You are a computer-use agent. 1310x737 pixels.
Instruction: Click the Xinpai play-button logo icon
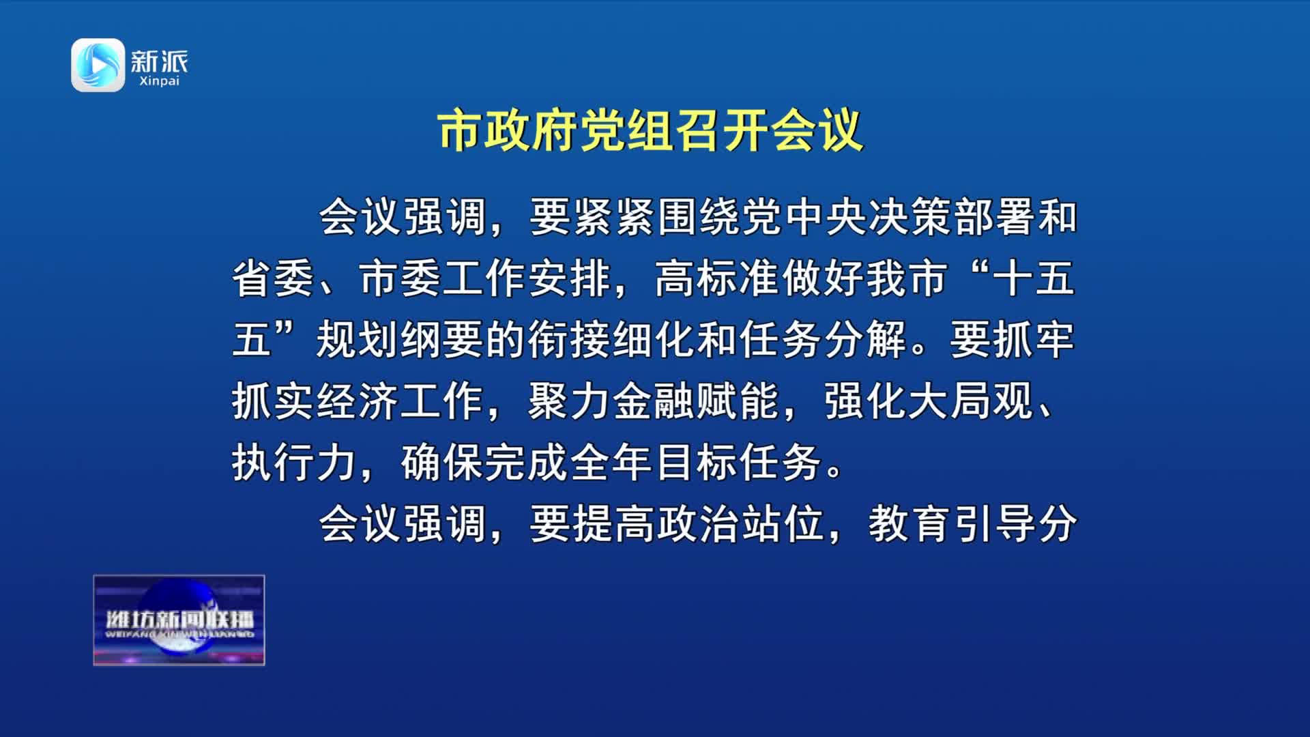coord(98,65)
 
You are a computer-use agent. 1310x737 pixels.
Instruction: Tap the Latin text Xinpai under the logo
coord(159,81)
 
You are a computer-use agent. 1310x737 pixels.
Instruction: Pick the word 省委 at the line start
coord(274,278)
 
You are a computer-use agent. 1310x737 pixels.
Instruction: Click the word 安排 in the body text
coord(569,278)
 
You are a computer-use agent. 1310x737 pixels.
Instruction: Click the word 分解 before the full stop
coord(867,339)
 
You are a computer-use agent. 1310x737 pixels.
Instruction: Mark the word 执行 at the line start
coord(274,462)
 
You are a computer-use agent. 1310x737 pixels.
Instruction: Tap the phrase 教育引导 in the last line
coord(951,523)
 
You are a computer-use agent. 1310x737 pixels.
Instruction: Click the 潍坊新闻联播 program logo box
coord(179,620)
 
